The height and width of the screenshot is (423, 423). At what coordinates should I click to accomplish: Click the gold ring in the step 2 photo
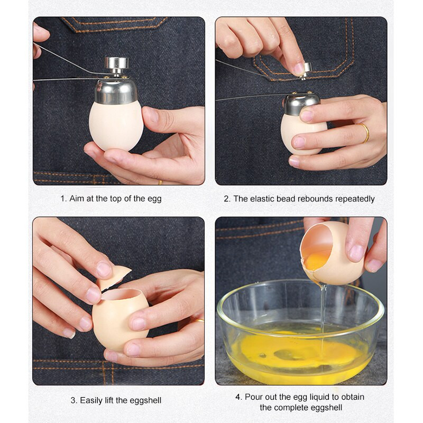[x=364, y=133]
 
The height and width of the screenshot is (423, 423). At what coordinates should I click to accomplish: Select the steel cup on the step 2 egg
[x=301, y=104]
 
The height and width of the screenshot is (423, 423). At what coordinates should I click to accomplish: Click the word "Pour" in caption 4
[x=254, y=397]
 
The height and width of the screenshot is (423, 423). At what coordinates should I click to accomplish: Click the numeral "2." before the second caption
[x=227, y=199]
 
